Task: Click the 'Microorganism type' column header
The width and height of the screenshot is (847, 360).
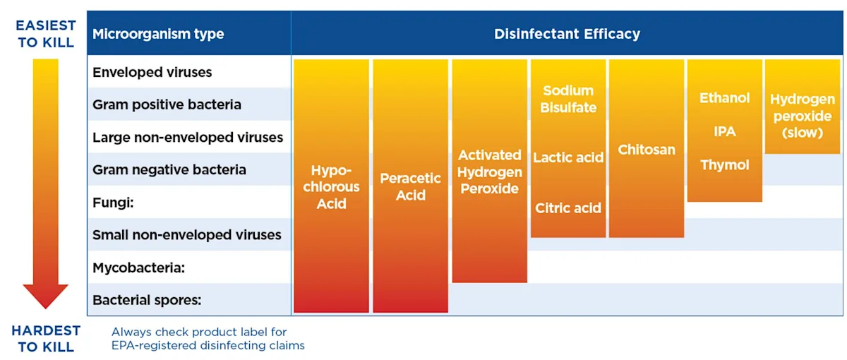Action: (158, 34)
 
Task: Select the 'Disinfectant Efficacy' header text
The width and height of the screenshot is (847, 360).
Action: (567, 34)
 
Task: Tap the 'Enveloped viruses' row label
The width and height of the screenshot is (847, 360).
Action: (152, 72)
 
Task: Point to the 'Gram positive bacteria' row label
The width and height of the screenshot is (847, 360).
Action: (167, 104)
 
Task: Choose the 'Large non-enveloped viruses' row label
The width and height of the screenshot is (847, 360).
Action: (188, 137)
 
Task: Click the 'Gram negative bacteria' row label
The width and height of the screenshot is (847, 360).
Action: (169, 169)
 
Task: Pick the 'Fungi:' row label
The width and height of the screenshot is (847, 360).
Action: (113, 203)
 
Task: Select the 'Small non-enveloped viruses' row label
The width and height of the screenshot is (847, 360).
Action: (187, 235)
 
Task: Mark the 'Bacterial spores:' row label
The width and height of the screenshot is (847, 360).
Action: (147, 300)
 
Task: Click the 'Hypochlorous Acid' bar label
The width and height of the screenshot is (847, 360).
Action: (331, 187)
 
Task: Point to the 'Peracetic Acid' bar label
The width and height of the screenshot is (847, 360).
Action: (410, 187)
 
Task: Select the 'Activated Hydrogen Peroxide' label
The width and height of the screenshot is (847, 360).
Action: (489, 172)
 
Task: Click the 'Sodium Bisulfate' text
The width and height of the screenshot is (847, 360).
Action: (568, 100)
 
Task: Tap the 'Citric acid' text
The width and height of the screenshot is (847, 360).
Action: (568, 208)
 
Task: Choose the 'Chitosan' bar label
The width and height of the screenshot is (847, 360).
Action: (647, 150)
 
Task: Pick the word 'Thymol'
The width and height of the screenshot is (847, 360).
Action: (725, 165)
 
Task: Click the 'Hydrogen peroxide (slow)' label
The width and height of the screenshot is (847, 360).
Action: (803, 116)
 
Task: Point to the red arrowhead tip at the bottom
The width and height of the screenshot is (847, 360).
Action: (46, 306)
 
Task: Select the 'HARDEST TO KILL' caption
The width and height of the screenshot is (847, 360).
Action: (46, 339)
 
